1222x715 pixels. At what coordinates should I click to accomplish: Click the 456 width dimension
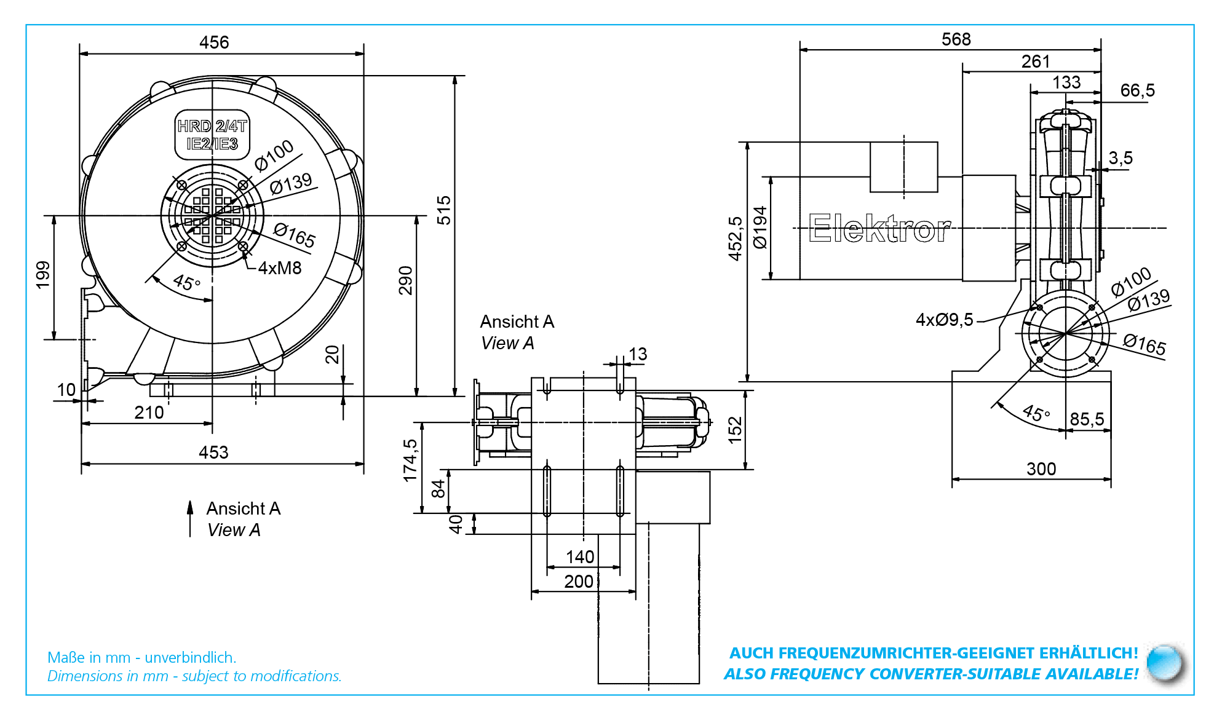pos(214,42)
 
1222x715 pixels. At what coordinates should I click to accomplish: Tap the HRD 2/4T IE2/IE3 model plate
pos(212,135)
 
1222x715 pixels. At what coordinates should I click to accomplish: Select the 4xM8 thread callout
pos(280,268)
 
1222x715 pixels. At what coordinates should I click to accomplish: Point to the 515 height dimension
pos(443,210)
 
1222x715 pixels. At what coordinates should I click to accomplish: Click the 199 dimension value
pos(42,275)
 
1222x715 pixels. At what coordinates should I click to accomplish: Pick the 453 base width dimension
pos(213,452)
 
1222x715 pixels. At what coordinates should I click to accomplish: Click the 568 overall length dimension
pos(956,39)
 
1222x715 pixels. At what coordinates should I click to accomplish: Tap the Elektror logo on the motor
pos(879,229)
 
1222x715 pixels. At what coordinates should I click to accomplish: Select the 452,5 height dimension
pos(736,239)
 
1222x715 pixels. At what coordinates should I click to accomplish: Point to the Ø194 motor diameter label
pos(760,227)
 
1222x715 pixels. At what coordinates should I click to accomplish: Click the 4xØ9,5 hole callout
pos(945,320)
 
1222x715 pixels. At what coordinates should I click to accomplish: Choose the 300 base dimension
pos(1041,469)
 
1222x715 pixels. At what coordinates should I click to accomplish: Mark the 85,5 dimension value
pos(1087,419)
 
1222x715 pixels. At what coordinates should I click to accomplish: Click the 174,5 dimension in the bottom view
pos(410,460)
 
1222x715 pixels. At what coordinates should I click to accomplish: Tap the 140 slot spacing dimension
pos(580,557)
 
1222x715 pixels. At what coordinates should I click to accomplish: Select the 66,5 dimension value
pos(1137,90)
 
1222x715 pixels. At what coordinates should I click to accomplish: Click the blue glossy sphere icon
pos(1165,663)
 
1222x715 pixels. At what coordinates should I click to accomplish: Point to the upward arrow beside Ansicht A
pos(190,518)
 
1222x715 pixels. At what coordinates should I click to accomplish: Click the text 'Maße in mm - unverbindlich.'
pos(142,657)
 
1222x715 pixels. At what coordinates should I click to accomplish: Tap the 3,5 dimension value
pos(1121,158)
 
